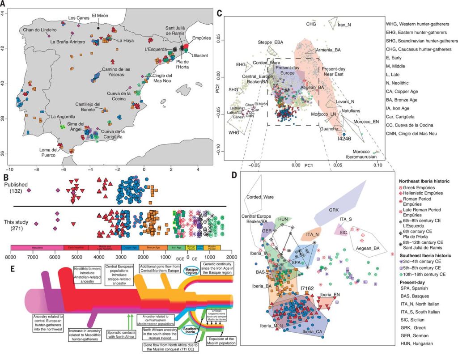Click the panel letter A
tap(4, 4)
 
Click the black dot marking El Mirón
tap(99, 28)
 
